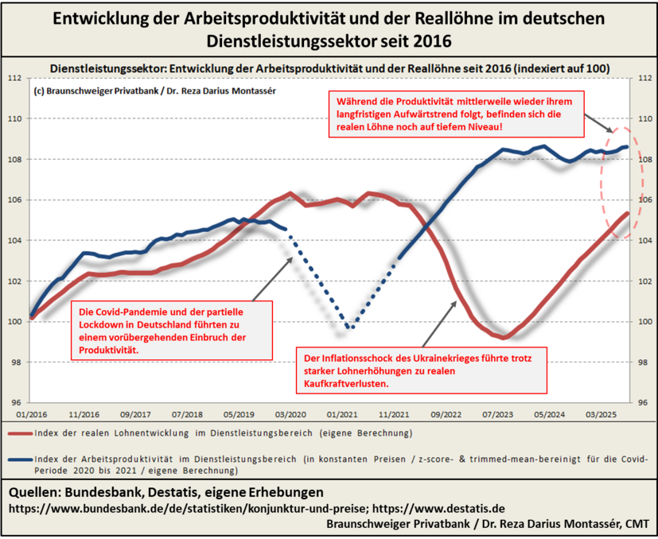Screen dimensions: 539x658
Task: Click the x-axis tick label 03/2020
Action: tap(291, 414)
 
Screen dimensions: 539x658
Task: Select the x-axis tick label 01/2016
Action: tap(31, 414)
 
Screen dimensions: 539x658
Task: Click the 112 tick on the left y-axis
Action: tap(14, 79)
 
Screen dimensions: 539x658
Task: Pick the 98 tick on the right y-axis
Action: tap(644, 362)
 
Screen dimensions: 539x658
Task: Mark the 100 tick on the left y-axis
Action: tap(14, 321)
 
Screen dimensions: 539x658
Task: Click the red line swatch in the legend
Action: tap(20, 434)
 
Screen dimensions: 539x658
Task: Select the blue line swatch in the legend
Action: tap(20, 459)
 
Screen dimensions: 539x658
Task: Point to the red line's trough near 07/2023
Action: tap(503, 337)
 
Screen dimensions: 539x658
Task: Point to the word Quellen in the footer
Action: tap(37, 492)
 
